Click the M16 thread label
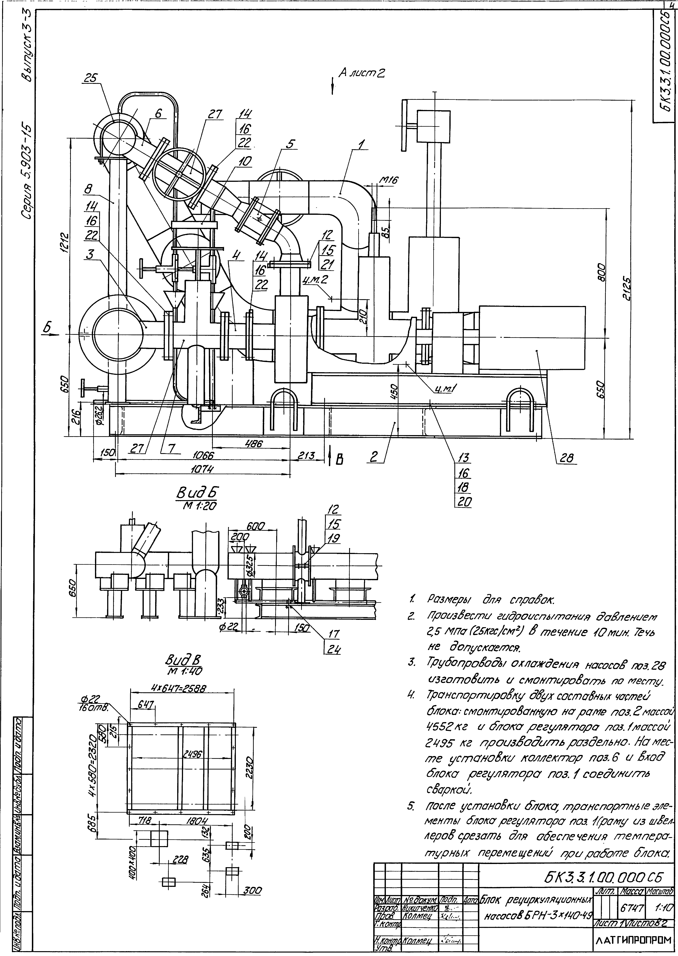(x=388, y=180)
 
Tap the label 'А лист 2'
(x=361, y=74)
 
